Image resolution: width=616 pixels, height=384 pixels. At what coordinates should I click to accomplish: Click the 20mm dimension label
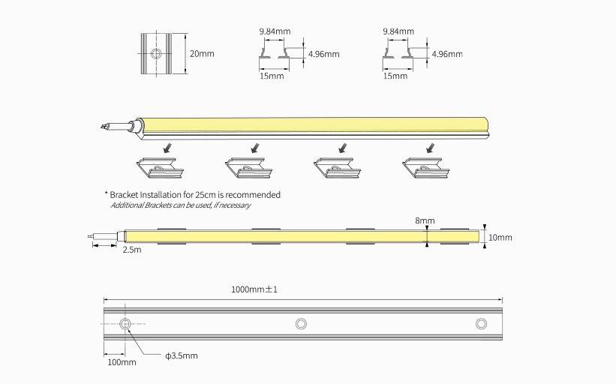coord(202,54)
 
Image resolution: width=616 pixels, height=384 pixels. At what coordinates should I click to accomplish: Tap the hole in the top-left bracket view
coord(157,53)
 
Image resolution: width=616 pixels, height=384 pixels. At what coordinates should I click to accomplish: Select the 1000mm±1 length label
coord(254,289)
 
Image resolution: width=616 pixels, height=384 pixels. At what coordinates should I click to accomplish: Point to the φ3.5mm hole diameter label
coord(182,355)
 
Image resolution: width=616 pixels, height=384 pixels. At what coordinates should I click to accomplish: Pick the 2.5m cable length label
coord(131,250)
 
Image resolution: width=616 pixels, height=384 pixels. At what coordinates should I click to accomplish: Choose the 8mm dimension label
coord(425,220)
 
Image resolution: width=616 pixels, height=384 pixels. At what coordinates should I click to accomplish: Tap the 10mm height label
coord(500,238)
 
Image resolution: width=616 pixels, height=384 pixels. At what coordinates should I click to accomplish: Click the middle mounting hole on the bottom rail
coord(301,323)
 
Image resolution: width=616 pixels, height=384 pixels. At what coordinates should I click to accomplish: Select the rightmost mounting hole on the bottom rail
coord(481,323)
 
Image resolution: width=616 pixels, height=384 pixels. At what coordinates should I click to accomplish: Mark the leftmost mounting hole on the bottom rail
coord(125,323)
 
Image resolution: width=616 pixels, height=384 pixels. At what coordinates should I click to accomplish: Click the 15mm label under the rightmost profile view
coord(395,76)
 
